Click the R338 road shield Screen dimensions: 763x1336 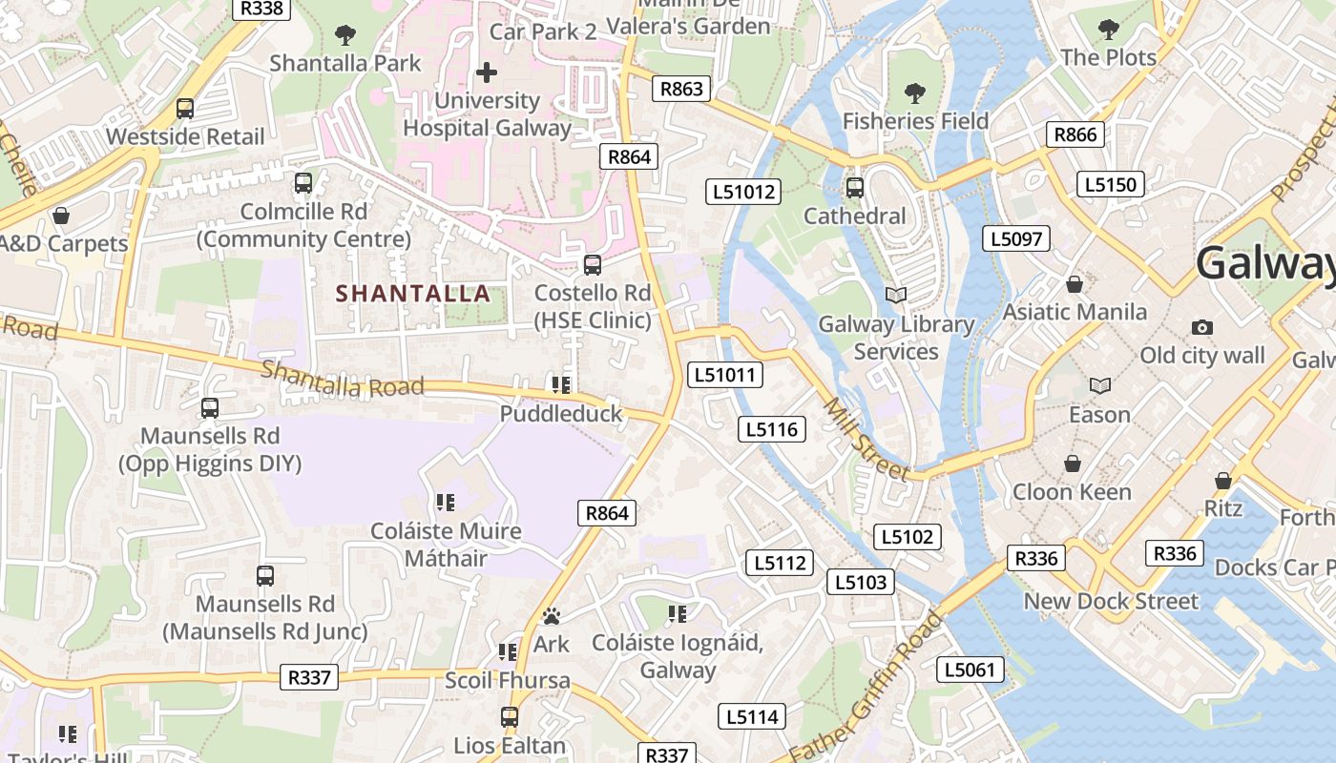point(261,8)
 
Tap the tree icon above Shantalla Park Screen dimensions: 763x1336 point(345,35)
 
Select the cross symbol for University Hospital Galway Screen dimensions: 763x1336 point(487,72)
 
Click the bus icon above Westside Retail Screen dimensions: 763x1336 point(185,109)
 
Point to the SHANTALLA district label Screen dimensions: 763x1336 point(414,294)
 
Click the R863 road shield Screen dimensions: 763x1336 point(681,89)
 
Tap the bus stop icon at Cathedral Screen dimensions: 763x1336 point(855,188)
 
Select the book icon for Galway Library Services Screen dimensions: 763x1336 point(895,296)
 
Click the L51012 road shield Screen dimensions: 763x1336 point(744,192)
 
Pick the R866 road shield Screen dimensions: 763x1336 point(1075,134)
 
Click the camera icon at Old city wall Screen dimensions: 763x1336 point(1202,328)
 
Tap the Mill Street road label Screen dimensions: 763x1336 point(866,438)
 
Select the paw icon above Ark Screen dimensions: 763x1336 point(552,617)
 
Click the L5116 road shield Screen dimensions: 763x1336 point(772,429)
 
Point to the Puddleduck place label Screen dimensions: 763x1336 point(561,414)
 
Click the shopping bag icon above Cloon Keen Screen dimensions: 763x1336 point(1073,464)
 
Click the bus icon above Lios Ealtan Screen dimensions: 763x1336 point(510,716)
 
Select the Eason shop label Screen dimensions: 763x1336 point(1099,415)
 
